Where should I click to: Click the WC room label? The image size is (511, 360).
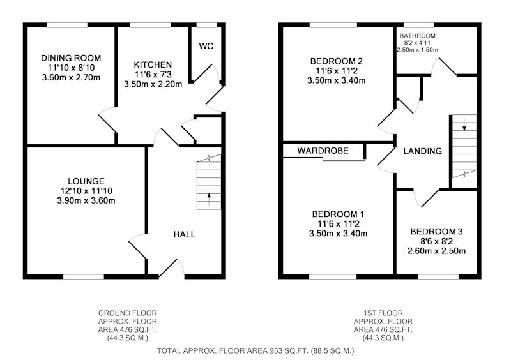coord(206,46)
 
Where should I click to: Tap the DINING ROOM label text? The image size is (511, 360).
coord(71,58)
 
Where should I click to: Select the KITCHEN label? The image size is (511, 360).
coord(153,64)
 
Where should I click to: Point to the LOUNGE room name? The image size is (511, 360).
coord(86,181)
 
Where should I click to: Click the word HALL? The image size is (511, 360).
coord(185,234)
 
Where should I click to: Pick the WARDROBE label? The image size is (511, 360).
coord(323,151)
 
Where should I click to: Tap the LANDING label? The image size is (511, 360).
coord(423,151)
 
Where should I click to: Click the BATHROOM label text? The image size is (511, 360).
coord(418,36)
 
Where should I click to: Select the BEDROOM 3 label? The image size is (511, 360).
coord(436,232)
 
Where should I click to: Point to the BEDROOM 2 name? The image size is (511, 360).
coord(337,61)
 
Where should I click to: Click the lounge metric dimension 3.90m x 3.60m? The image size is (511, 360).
coord(86,200)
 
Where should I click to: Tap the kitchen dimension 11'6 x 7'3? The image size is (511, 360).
coord(153,74)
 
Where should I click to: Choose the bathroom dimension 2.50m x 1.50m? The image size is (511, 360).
coord(418,50)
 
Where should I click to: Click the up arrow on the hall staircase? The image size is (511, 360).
coord(209,199)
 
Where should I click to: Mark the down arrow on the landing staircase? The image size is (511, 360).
coord(464,124)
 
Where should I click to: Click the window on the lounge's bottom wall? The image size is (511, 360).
coord(84,277)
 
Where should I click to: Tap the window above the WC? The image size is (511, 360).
coord(206,25)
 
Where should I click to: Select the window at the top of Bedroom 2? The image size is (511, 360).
coord(333,25)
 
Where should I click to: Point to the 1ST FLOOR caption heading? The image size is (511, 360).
coord(383,313)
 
